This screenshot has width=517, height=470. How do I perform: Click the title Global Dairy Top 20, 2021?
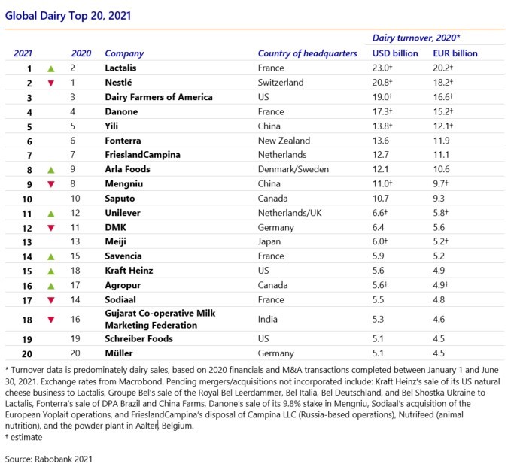[68, 16]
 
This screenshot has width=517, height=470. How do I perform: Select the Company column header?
[124, 53]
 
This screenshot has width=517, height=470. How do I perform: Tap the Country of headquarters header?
[307, 53]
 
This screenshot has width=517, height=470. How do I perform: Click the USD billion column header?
[395, 53]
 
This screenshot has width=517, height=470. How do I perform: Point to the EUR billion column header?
[455, 53]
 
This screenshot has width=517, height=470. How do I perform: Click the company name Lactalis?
[120, 68]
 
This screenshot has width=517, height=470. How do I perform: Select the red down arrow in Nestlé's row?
[50, 83]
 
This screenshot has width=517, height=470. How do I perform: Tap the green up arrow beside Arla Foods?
[50, 170]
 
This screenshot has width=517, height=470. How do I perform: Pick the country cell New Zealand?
[284, 141]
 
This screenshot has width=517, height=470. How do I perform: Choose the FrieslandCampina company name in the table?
[142, 155]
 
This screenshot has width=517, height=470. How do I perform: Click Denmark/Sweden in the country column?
[293, 169]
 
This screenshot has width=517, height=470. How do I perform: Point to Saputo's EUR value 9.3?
[439, 199]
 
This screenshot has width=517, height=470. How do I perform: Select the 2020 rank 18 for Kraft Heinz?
[75, 271]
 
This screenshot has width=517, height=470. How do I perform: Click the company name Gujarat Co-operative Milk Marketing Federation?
[160, 319]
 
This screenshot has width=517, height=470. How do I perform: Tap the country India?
[267, 319]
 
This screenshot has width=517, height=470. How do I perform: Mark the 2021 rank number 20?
[27, 354]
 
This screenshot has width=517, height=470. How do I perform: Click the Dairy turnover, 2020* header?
[415, 38]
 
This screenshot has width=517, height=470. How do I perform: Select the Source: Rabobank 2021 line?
[48, 459]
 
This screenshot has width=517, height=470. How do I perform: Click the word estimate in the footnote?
[26, 438]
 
